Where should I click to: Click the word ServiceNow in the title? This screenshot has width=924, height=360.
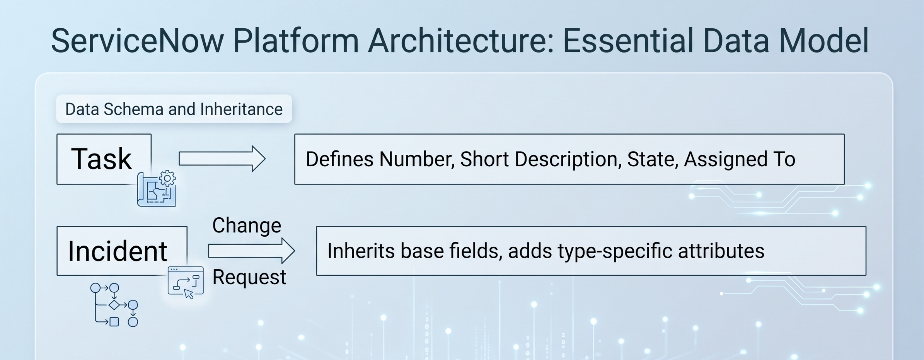pyautogui.click(x=137, y=41)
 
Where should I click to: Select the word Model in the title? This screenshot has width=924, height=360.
pyautogui.click(x=824, y=41)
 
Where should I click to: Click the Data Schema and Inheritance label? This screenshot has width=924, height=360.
pyautogui.click(x=174, y=109)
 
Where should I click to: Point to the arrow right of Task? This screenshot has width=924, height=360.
pyautogui.click(x=222, y=159)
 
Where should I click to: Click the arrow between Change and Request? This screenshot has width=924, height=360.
pyautogui.click(x=251, y=251)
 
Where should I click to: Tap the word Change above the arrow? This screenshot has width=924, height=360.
pyautogui.click(x=247, y=226)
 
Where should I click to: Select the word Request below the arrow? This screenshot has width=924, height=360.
pyautogui.click(x=249, y=277)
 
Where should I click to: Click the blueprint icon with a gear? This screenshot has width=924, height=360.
pyautogui.click(x=157, y=188)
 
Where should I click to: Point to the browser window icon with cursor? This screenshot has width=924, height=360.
pyautogui.click(x=186, y=282)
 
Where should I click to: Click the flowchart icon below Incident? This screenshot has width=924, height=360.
pyautogui.click(x=114, y=305)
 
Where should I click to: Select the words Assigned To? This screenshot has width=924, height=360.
pyautogui.click(x=740, y=159)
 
